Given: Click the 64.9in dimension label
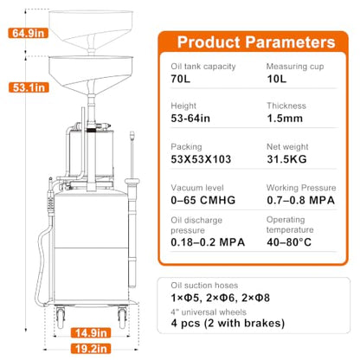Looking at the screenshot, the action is tap(28, 33).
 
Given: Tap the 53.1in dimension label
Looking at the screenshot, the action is tap(29, 87).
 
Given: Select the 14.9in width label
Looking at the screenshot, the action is tap(91, 333).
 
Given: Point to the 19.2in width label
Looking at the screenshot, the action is tap(91, 349).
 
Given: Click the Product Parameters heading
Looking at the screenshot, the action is tap(256, 42).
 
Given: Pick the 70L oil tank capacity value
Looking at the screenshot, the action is tap(181, 79).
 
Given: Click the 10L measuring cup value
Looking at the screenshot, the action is tap(277, 79).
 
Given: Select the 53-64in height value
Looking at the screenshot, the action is tap(190, 119).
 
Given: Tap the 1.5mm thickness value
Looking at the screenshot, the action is tap(285, 119).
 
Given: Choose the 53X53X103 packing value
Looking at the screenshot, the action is tap(201, 159).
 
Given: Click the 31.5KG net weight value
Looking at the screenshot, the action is tap(286, 159).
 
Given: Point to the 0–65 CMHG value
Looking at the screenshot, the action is tap(203, 200).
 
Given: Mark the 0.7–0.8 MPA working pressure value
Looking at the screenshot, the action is tap(301, 200).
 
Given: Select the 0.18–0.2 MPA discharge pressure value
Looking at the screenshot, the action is tap(208, 242).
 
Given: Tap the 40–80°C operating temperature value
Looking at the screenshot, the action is tap(289, 242).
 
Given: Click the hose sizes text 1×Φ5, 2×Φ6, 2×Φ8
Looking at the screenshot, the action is tap(221, 298).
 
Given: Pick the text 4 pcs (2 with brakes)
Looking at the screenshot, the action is tap(228, 323).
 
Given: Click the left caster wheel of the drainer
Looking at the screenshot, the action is tap(61, 318).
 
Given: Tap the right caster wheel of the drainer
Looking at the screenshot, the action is tap(122, 318).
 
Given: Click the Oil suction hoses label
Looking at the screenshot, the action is tap(204, 286).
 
